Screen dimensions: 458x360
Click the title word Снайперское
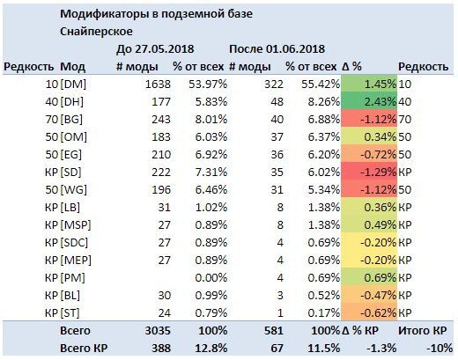(96, 32)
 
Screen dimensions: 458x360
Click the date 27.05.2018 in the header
(164, 49)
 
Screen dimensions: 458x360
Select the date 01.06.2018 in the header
(295, 49)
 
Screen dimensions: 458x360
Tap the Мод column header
(72, 67)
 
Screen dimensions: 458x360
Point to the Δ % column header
(351, 67)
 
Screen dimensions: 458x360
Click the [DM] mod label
(73, 84)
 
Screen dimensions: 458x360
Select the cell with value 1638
(158, 84)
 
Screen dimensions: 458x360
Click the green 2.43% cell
(369, 102)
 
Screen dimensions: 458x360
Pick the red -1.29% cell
(369, 173)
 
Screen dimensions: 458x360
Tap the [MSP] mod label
(76, 225)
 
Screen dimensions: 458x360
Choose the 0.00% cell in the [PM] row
(211, 278)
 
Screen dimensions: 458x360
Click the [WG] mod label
(73, 190)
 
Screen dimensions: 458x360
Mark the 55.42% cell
(321, 84)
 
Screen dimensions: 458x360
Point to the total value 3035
(158, 331)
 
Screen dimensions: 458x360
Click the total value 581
(274, 331)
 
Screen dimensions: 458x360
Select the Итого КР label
(423, 331)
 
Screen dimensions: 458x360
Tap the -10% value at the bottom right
(440, 349)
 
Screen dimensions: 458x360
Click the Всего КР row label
(84, 349)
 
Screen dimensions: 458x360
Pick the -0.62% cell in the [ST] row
(369, 313)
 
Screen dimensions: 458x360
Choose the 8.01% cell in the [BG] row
(211, 120)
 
